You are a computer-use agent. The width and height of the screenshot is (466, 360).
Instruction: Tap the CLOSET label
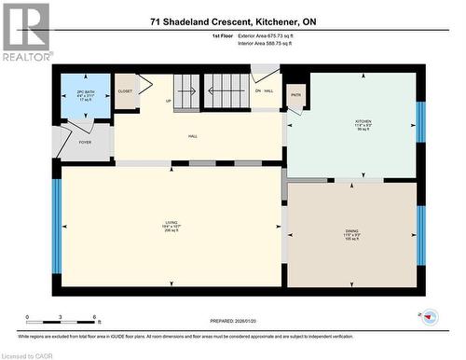125,91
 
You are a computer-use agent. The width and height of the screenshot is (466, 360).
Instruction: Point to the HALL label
193,136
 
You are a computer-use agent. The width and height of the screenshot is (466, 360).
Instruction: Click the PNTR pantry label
296,95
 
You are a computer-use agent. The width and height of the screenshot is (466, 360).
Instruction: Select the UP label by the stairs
169,101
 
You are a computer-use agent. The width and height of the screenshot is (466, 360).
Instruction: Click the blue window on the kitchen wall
420,122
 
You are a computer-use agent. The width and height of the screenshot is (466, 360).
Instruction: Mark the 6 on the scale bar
84,318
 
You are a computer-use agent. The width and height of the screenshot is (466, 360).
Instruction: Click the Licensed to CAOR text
27,354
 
